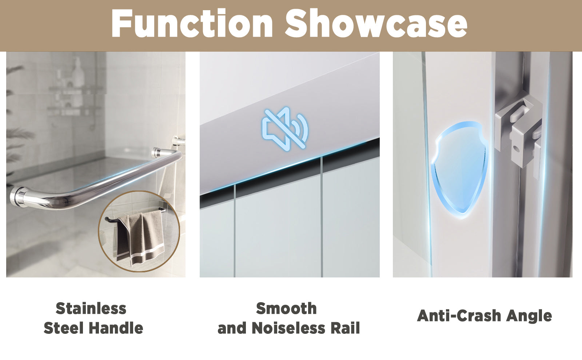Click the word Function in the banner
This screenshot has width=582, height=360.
[192, 23]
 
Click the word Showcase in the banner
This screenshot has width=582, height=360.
[376, 23]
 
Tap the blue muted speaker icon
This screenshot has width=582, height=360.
[285, 129]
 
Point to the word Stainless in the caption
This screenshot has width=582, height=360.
[91, 309]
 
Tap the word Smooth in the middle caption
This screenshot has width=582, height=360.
[286, 309]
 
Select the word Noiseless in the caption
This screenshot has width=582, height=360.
[288, 328]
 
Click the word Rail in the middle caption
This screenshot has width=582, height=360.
[345, 328]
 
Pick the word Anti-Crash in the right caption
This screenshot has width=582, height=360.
[459, 316]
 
